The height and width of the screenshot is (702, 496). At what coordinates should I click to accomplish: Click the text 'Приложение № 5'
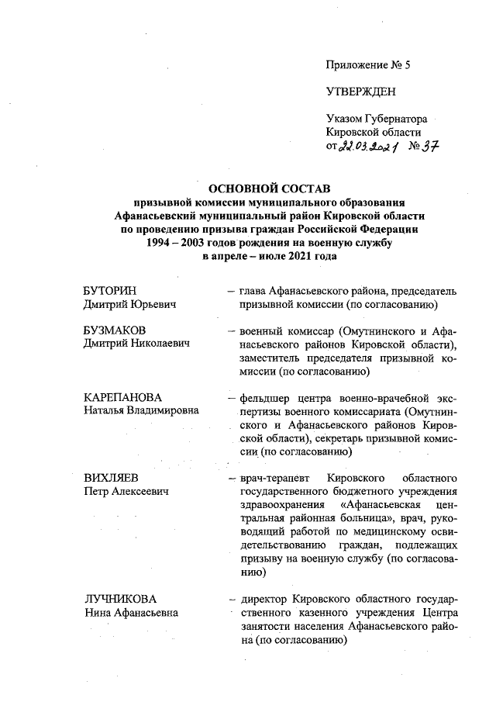(367, 65)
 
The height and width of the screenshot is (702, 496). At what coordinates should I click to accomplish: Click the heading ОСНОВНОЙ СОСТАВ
(270, 188)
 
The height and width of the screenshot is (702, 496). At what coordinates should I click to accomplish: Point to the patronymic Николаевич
(160, 343)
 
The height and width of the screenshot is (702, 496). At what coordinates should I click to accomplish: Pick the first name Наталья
(108, 410)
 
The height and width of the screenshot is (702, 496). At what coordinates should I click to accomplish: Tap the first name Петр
(97, 491)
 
